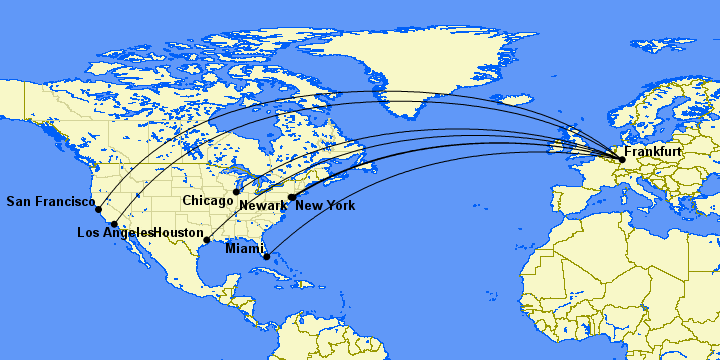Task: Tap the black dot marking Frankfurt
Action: (x=622, y=159)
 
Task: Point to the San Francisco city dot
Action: (x=98, y=209)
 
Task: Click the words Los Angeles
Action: (x=115, y=233)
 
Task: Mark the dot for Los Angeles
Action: (x=115, y=224)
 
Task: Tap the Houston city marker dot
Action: (x=207, y=240)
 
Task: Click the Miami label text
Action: (x=245, y=247)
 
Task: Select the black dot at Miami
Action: (x=266, y=257)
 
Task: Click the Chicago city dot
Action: (x=237, y=192)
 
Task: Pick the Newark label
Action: (x=263, y=206)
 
